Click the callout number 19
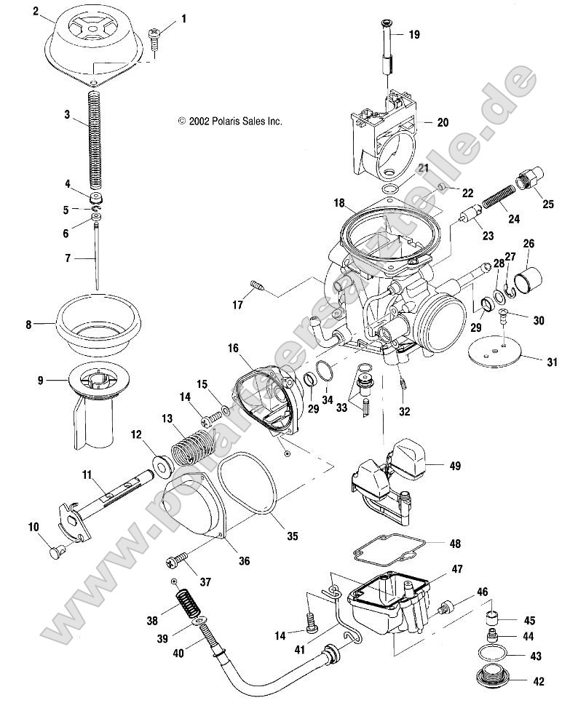[413, 34]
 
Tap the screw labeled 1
[155, 36]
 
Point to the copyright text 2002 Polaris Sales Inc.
[230, 122]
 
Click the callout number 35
[291, 537]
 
